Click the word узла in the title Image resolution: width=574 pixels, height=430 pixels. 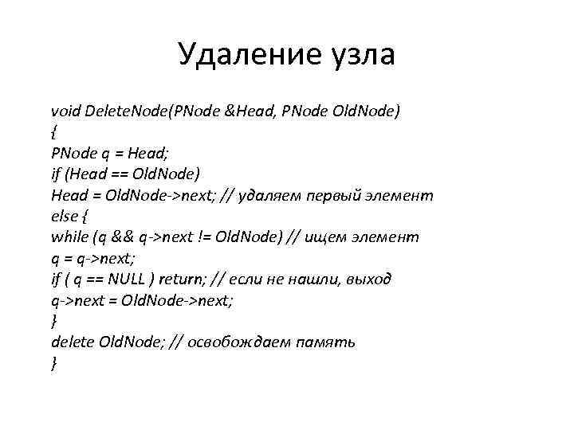[357, 56]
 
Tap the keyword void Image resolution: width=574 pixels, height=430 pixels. [65, 109]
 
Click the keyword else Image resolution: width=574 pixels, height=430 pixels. [63, 215]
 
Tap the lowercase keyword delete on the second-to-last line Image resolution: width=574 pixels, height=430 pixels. [72, 342]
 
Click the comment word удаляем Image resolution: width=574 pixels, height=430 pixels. [281, 194]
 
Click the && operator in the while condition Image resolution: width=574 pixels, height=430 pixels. [122, 236]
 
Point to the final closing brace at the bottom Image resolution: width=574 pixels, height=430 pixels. [53, 364]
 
